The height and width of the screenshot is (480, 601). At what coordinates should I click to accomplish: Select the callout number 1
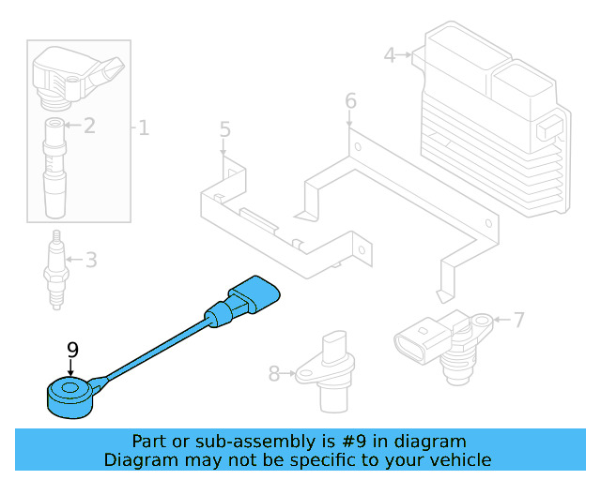pos(144,127)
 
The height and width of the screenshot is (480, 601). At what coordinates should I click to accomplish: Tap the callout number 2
pos(89,125)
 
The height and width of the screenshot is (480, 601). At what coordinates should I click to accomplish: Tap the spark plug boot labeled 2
pos(57,169)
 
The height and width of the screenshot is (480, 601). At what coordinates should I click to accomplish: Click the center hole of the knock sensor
pos(65,386)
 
